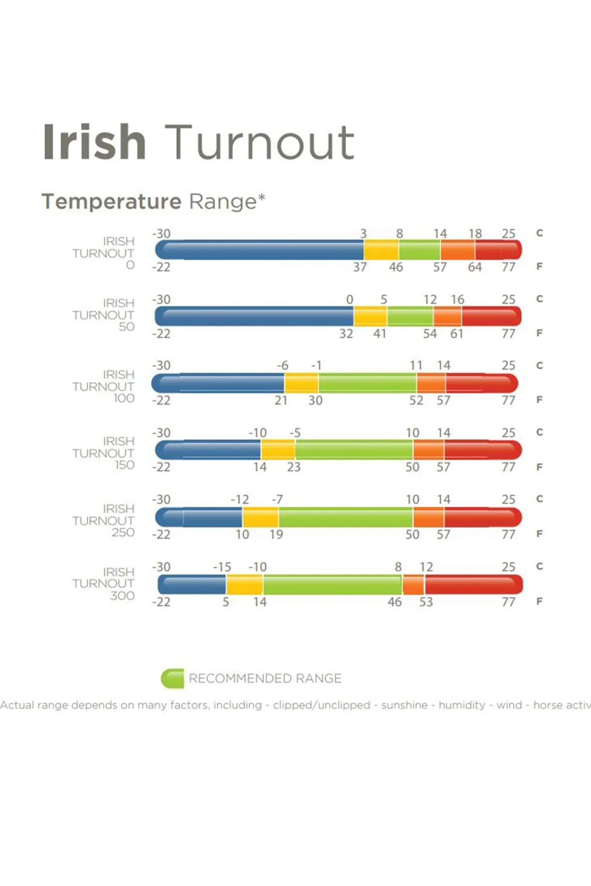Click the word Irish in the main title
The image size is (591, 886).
point(94,142)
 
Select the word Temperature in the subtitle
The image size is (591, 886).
point(111,201)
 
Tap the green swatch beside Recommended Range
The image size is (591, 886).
point(172,678)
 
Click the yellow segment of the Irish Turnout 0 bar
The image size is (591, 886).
point(381,250)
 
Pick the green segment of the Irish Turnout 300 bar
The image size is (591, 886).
point(332,585)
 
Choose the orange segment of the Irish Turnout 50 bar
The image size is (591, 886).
point(447,316)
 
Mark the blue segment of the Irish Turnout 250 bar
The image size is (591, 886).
point(200,517)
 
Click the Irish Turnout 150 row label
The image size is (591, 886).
point(104,453)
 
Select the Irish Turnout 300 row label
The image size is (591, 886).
point(104,583)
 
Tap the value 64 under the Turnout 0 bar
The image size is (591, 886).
point(475,267)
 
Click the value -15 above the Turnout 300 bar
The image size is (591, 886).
point(222,567)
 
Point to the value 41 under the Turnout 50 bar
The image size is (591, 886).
point(380,334)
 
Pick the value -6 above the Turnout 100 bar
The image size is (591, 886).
point(283,366)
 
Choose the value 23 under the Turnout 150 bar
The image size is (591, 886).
point(294,467)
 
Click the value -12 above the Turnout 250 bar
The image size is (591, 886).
point(240,500)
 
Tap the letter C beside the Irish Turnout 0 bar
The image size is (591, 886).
point(540,233)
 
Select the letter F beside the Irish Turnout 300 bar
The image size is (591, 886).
point(540,601)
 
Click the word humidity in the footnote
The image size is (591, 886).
point(462,705)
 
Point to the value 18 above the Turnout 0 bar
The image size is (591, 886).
point(475,234)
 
